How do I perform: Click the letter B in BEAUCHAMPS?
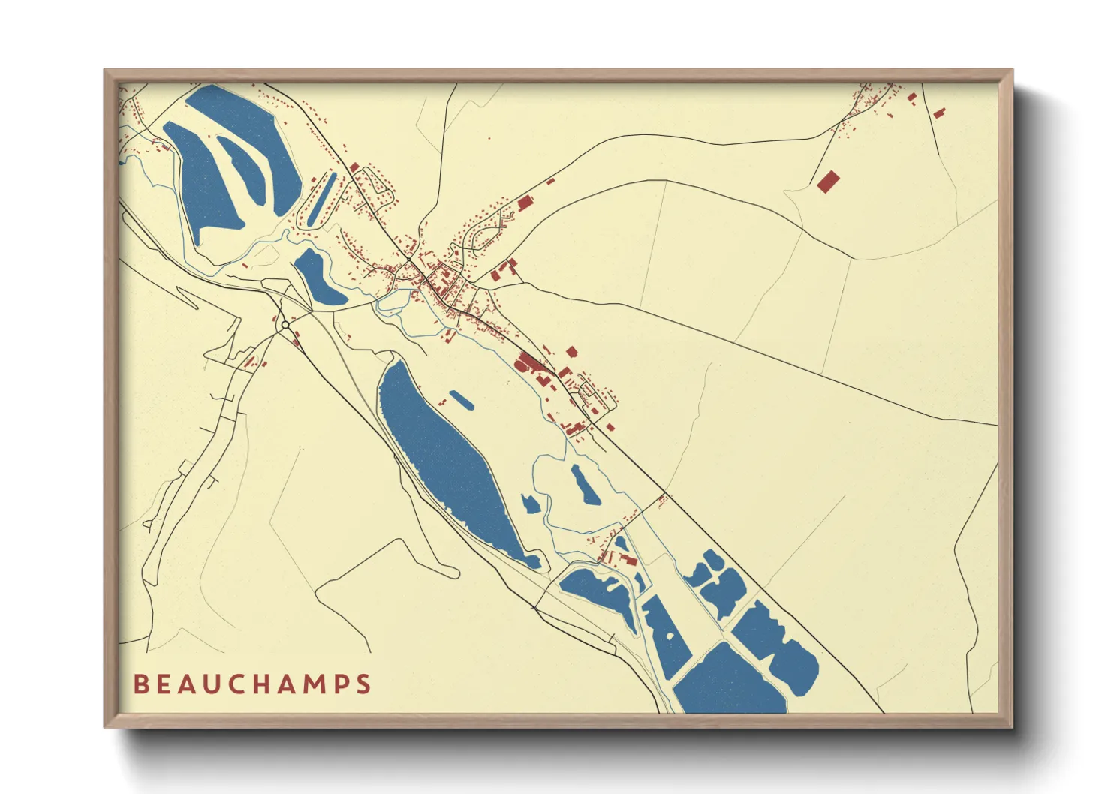(x=140, y=684)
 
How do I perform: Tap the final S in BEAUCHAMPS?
(x=364, y=684)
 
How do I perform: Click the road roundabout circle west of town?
(x=285, y=325)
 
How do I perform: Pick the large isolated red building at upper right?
(x=828, y=182)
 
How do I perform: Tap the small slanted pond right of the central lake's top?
(x=461, y=400)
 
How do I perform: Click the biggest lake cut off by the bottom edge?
(x=728, y=683)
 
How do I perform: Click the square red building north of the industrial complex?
(x=571, y=351)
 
